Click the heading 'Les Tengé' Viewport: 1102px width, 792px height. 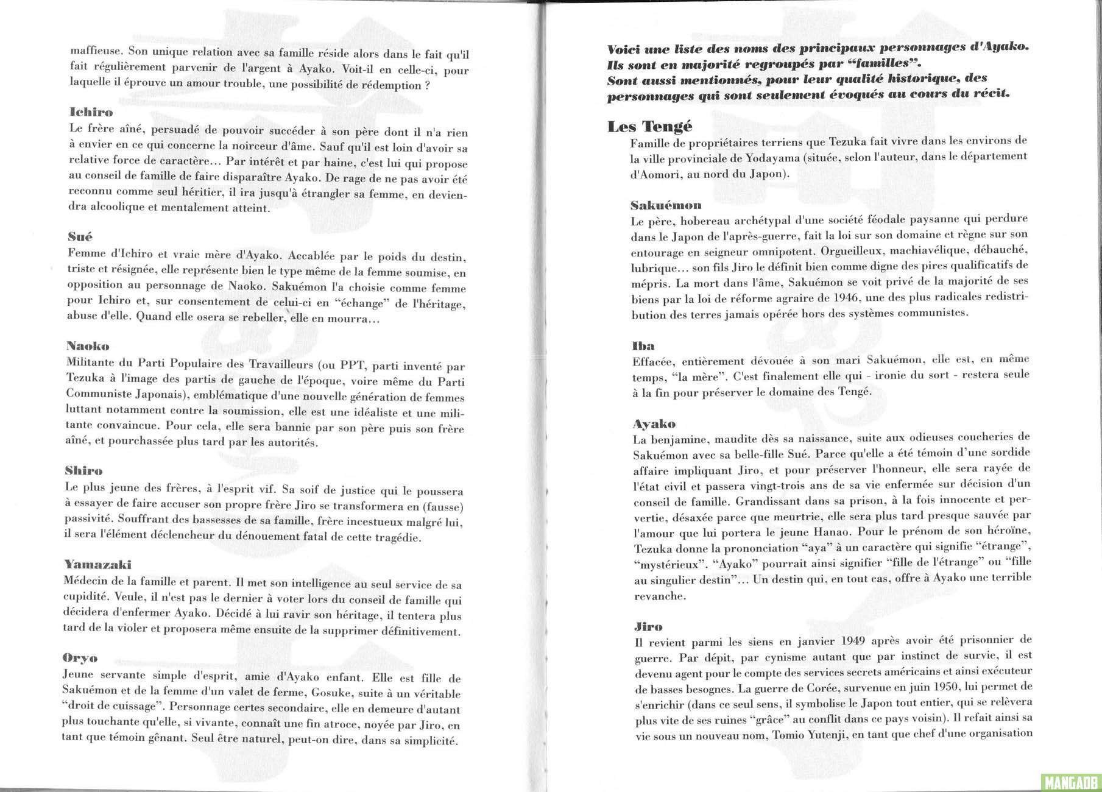(x=649, y=127)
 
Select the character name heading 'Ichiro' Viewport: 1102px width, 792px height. (x=91, y=113)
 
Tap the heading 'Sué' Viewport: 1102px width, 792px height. (x=80, y=236)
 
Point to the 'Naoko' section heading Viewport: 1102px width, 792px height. (x=88, y=347)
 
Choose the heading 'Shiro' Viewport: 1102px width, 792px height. (x=83, y=471)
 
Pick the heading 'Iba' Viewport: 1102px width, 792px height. (x=643, y=346)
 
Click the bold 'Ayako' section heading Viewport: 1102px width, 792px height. (x=654, y=423)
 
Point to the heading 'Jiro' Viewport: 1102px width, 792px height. (x=648, y=626)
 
